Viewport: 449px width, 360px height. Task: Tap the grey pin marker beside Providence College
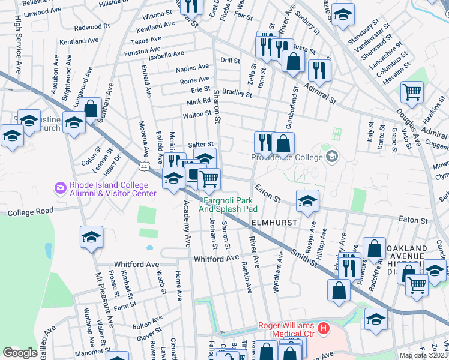click(331, 157)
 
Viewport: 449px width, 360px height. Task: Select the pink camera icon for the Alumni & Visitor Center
click(60, 188)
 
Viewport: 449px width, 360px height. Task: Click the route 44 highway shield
click(145, 165)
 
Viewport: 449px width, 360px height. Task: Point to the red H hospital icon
click(324, 328)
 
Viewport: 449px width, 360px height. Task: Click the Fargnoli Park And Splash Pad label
click(231, 205)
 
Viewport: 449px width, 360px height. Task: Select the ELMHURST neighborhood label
click(274, 222)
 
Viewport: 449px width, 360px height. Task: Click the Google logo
click(20, 352)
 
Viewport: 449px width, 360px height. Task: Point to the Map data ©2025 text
click(424, 356)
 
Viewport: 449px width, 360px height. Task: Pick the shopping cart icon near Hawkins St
click(412, 92)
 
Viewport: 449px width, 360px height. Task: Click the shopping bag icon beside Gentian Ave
click(91, 109)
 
